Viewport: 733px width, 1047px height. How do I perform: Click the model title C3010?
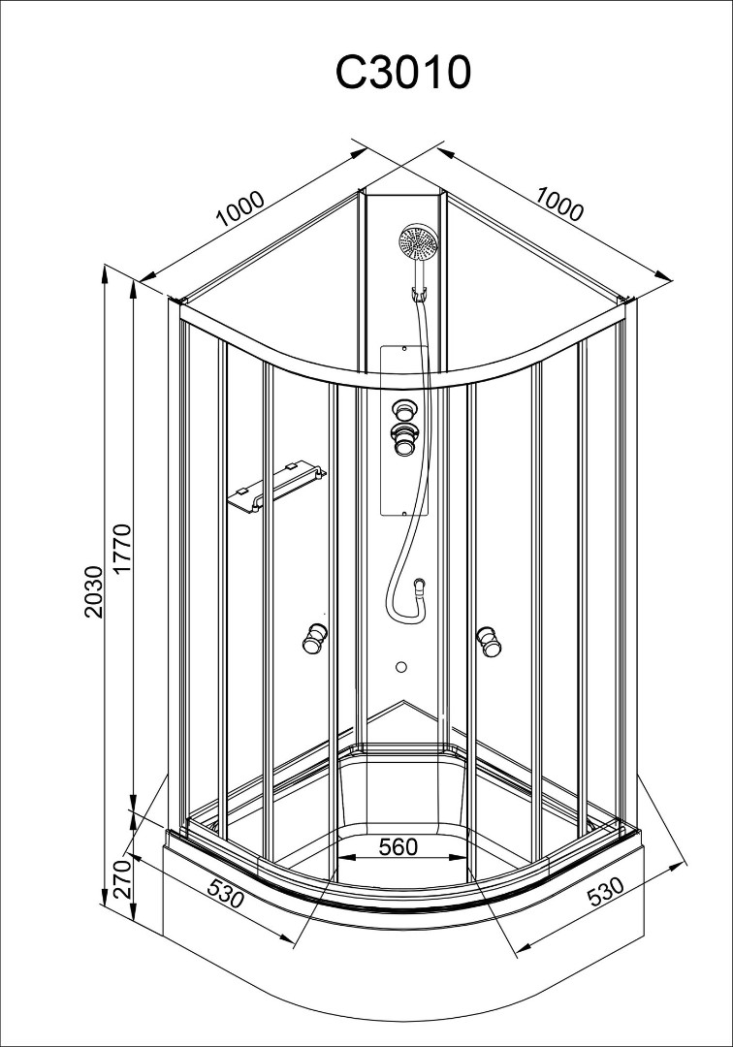pos(403,73)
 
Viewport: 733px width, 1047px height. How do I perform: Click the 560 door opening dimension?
pos(398,846)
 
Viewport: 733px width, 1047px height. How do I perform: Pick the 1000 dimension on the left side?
pos(240,208)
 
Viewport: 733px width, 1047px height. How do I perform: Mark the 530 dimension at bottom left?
pos(224,893)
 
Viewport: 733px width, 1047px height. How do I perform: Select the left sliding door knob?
pos(313,640)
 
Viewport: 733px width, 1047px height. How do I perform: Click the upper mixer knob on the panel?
pos(403,408)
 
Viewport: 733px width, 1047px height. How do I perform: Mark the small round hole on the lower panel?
pos(401,667)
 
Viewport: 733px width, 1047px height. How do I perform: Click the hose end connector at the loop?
pos(418,585)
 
